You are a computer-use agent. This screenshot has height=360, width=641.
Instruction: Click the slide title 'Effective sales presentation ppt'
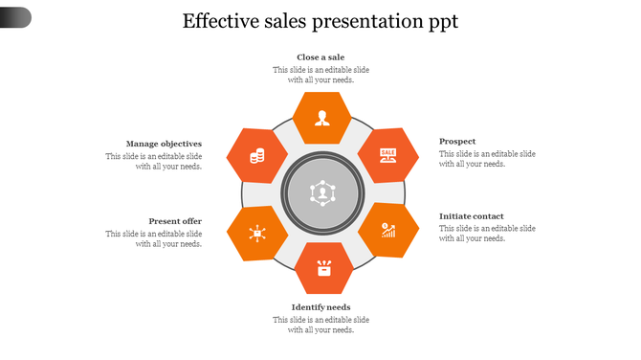320,21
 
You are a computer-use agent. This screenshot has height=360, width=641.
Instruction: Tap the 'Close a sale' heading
320,57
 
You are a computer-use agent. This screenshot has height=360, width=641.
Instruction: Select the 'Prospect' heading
457,142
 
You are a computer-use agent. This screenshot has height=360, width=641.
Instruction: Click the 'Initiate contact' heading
472,216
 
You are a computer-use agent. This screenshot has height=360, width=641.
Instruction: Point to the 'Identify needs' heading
320,307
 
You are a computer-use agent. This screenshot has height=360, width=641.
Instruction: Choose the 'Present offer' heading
175,220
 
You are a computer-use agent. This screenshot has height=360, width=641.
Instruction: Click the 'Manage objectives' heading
164,144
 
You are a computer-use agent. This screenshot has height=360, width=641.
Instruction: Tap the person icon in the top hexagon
322,119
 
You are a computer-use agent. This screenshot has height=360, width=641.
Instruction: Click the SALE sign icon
387,154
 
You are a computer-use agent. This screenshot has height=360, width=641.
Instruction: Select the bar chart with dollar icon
388,230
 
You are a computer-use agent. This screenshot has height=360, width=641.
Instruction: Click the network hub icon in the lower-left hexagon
256,232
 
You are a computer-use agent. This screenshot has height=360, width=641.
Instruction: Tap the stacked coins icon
256,155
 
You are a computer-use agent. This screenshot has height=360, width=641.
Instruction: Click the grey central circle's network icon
323,192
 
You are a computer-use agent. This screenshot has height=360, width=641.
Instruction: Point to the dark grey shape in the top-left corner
15,16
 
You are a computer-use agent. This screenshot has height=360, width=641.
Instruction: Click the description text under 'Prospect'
487,159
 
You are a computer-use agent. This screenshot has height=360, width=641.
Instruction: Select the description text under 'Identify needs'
320,325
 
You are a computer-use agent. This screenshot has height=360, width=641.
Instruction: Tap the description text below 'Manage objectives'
154,161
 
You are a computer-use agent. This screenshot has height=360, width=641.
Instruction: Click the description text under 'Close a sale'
320,75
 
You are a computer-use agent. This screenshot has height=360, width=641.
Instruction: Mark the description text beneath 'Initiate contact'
487,234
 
